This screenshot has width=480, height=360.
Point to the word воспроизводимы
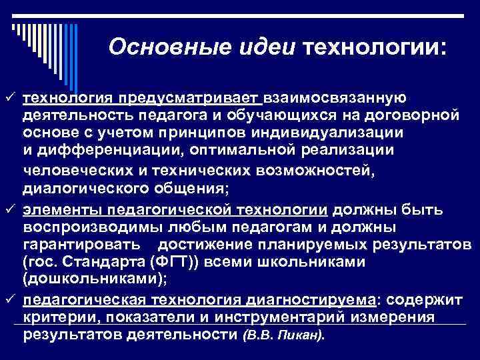click(x=86, y=227)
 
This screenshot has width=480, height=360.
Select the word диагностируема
click(x=303, y=299)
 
